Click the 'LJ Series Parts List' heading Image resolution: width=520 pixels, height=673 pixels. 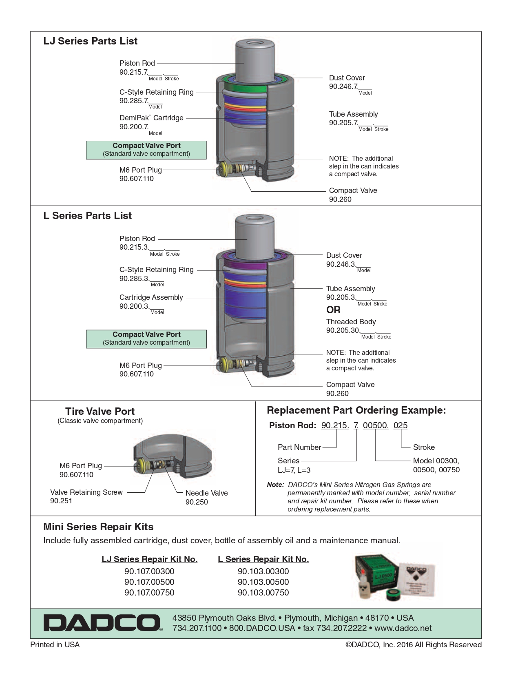point(90,41)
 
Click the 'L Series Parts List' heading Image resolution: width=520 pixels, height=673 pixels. point(87,216)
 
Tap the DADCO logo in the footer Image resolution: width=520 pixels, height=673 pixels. point(102,623)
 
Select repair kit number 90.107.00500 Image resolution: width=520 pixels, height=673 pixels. point(149,582)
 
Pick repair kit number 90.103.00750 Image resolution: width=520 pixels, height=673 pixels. point(263,593)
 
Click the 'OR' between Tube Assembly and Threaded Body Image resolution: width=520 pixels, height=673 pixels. point(333,310)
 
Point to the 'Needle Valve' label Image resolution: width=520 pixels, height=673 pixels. point(206,493)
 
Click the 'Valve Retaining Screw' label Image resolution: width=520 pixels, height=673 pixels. point(86,492)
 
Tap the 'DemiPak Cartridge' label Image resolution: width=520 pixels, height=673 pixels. point(151,118)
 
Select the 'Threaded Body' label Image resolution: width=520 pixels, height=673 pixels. point(351,322)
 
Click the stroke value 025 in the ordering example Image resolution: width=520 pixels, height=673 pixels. point(400,425)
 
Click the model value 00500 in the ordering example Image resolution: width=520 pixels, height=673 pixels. point(375,425)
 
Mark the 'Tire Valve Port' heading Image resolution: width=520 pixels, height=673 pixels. point(100,412)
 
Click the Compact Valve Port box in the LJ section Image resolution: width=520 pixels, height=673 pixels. point(146,150)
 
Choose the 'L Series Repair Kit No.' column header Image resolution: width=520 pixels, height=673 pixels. point(263,559)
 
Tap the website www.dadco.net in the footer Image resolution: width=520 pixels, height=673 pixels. point(403,628)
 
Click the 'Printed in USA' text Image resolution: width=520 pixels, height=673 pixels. point(55,645)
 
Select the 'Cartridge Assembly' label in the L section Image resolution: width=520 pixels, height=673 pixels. point(151,297)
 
